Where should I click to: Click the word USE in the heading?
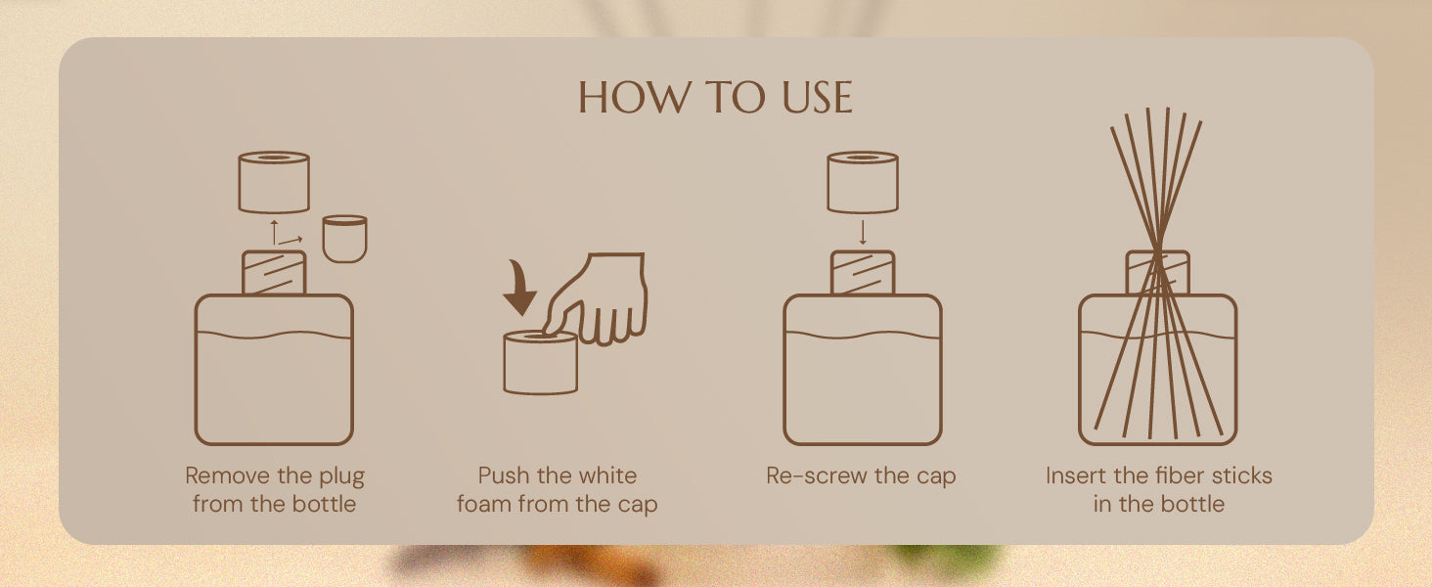click(x=817, y=98)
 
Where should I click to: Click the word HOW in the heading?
click(x=634, y=98)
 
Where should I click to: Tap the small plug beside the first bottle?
click(x=344, y=239)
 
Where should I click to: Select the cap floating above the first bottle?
click(x=274, y=182)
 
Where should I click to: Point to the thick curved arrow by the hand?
click(x=521, y=288)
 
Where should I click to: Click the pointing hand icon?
click(x=597, y=299)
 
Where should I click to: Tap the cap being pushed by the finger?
click(x=541, y=363)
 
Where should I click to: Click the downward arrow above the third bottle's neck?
click(x=863, y=233)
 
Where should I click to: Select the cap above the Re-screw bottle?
click(x=863, y=182)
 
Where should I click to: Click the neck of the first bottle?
click(x=274, y=272)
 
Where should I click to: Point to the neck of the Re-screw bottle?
click(x=863, y=272)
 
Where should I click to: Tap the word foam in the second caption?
click(x=484, y=504)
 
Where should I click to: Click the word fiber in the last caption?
click(x=1183, y=475)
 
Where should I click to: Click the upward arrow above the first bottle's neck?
click(x=274, y=232)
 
